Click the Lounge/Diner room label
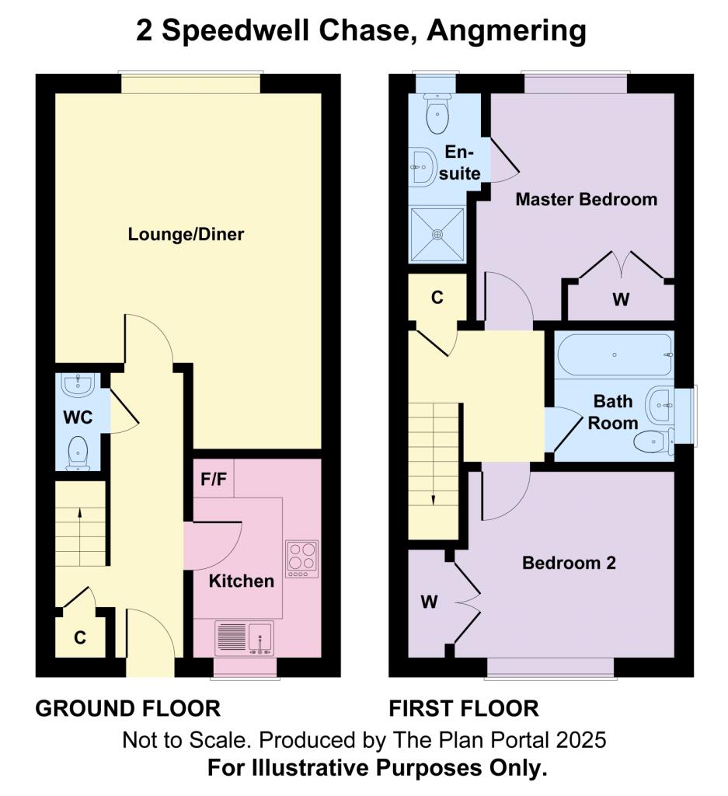pos(186,234)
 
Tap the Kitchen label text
pos(242,581)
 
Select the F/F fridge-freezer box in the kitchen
pos(214,480)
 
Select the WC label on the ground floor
pos(78,417)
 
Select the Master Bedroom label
pos(587,199)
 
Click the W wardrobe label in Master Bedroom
pos(619,299)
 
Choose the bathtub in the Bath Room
pos(614,354)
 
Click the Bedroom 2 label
pos(569,563)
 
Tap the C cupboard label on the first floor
pos(437,297)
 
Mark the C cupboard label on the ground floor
pos(79,638)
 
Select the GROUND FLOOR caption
pos(128,708)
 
